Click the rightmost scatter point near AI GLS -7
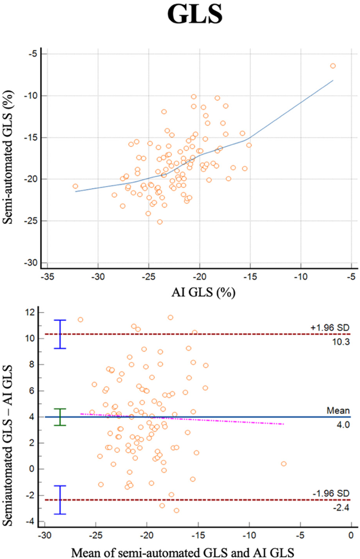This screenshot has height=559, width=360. [333, 66]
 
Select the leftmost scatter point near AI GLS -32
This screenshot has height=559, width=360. [75, 186]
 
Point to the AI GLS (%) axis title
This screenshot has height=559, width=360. [203, 293]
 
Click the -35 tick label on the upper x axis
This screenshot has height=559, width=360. [47, 277]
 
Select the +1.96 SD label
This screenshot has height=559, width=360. [330, 328]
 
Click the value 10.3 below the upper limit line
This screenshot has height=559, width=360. [341, 342]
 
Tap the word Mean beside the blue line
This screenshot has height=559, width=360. [338, 410]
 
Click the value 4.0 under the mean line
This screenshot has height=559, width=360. [343, 425]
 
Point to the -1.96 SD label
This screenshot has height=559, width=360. [331, 493]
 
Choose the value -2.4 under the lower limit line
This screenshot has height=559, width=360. [342, 507]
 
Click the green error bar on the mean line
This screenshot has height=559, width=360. [60, 417]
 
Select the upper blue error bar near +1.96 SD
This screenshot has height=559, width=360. [60, 334]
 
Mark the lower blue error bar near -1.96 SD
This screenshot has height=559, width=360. [60, 500]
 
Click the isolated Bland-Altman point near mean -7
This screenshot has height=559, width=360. [284, 464]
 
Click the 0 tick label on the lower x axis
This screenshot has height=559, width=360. [351, 536]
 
